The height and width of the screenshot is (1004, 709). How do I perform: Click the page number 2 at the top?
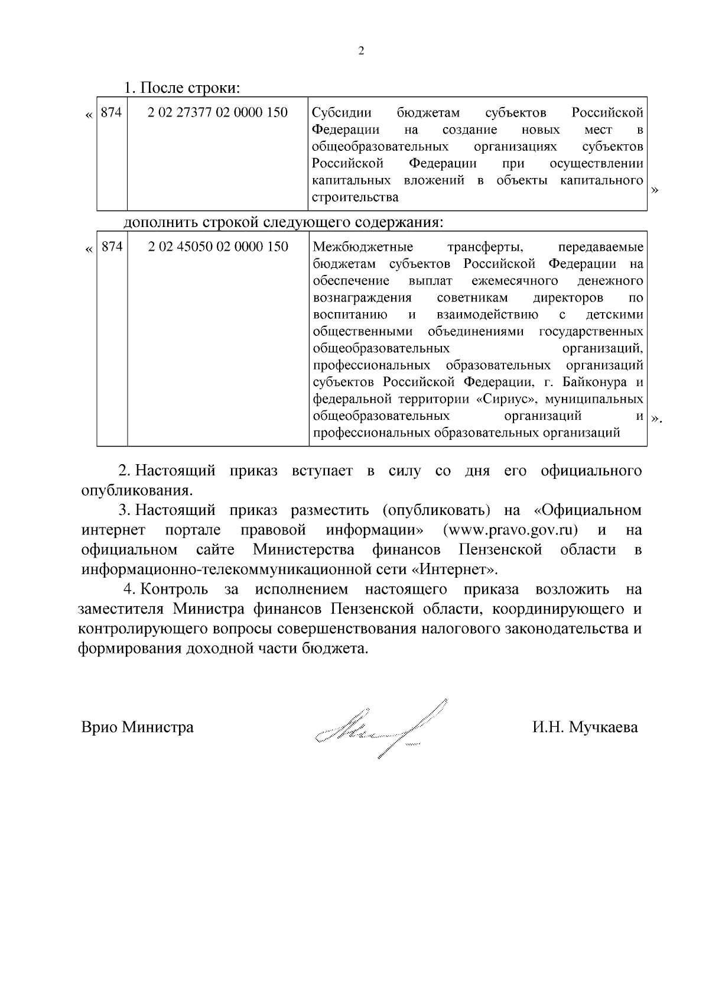362,51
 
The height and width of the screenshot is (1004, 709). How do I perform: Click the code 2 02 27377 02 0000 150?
217,112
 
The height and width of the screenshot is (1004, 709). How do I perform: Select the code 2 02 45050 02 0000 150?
218,247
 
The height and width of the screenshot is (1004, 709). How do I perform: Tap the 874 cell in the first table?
111,112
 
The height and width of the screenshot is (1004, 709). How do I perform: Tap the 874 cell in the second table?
112,247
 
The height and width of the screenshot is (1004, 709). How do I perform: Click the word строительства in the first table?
355,197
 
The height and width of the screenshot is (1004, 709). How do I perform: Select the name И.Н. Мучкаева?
584,727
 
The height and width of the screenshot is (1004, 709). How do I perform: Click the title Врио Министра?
137,727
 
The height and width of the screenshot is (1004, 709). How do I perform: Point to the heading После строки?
181,88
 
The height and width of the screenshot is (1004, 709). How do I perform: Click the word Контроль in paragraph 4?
174,590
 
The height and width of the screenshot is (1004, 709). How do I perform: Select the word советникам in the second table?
472,297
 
